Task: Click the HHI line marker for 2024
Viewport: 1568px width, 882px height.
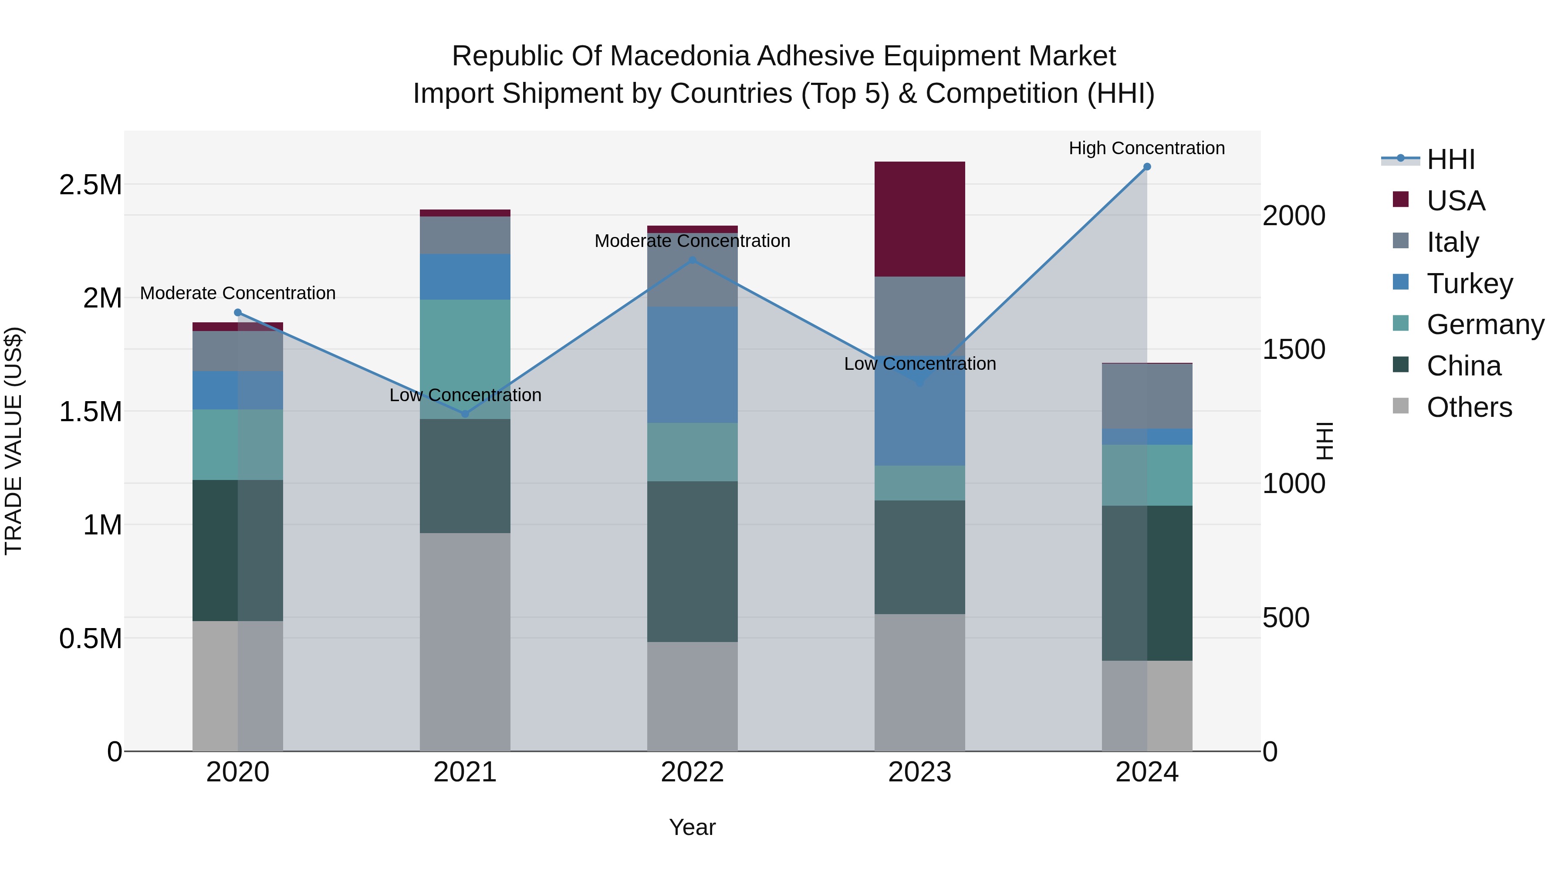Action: pos(1147,167)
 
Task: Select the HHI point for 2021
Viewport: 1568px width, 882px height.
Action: pos(465,414)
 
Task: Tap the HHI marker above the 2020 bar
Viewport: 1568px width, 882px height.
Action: pos(238,313)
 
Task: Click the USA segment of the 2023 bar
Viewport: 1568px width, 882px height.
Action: pos(920,219)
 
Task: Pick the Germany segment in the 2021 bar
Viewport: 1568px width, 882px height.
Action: pos(465,359)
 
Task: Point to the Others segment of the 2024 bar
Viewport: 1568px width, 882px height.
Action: pos(1147,706)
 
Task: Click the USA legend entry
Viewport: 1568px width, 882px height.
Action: pos(1455,201)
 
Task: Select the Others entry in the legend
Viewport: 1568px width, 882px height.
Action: pos(1469,407)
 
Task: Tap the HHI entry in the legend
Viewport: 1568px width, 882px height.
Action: pos(1450,159)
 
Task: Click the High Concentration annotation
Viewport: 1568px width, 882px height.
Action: pos(1147,148)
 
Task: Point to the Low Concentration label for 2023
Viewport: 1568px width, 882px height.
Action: pos(920,364)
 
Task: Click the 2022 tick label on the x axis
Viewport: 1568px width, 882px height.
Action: pos(692,772)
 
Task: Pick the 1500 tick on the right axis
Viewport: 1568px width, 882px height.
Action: pos(1294,349)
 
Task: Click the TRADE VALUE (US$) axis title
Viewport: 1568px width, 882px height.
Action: pos(14,441)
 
